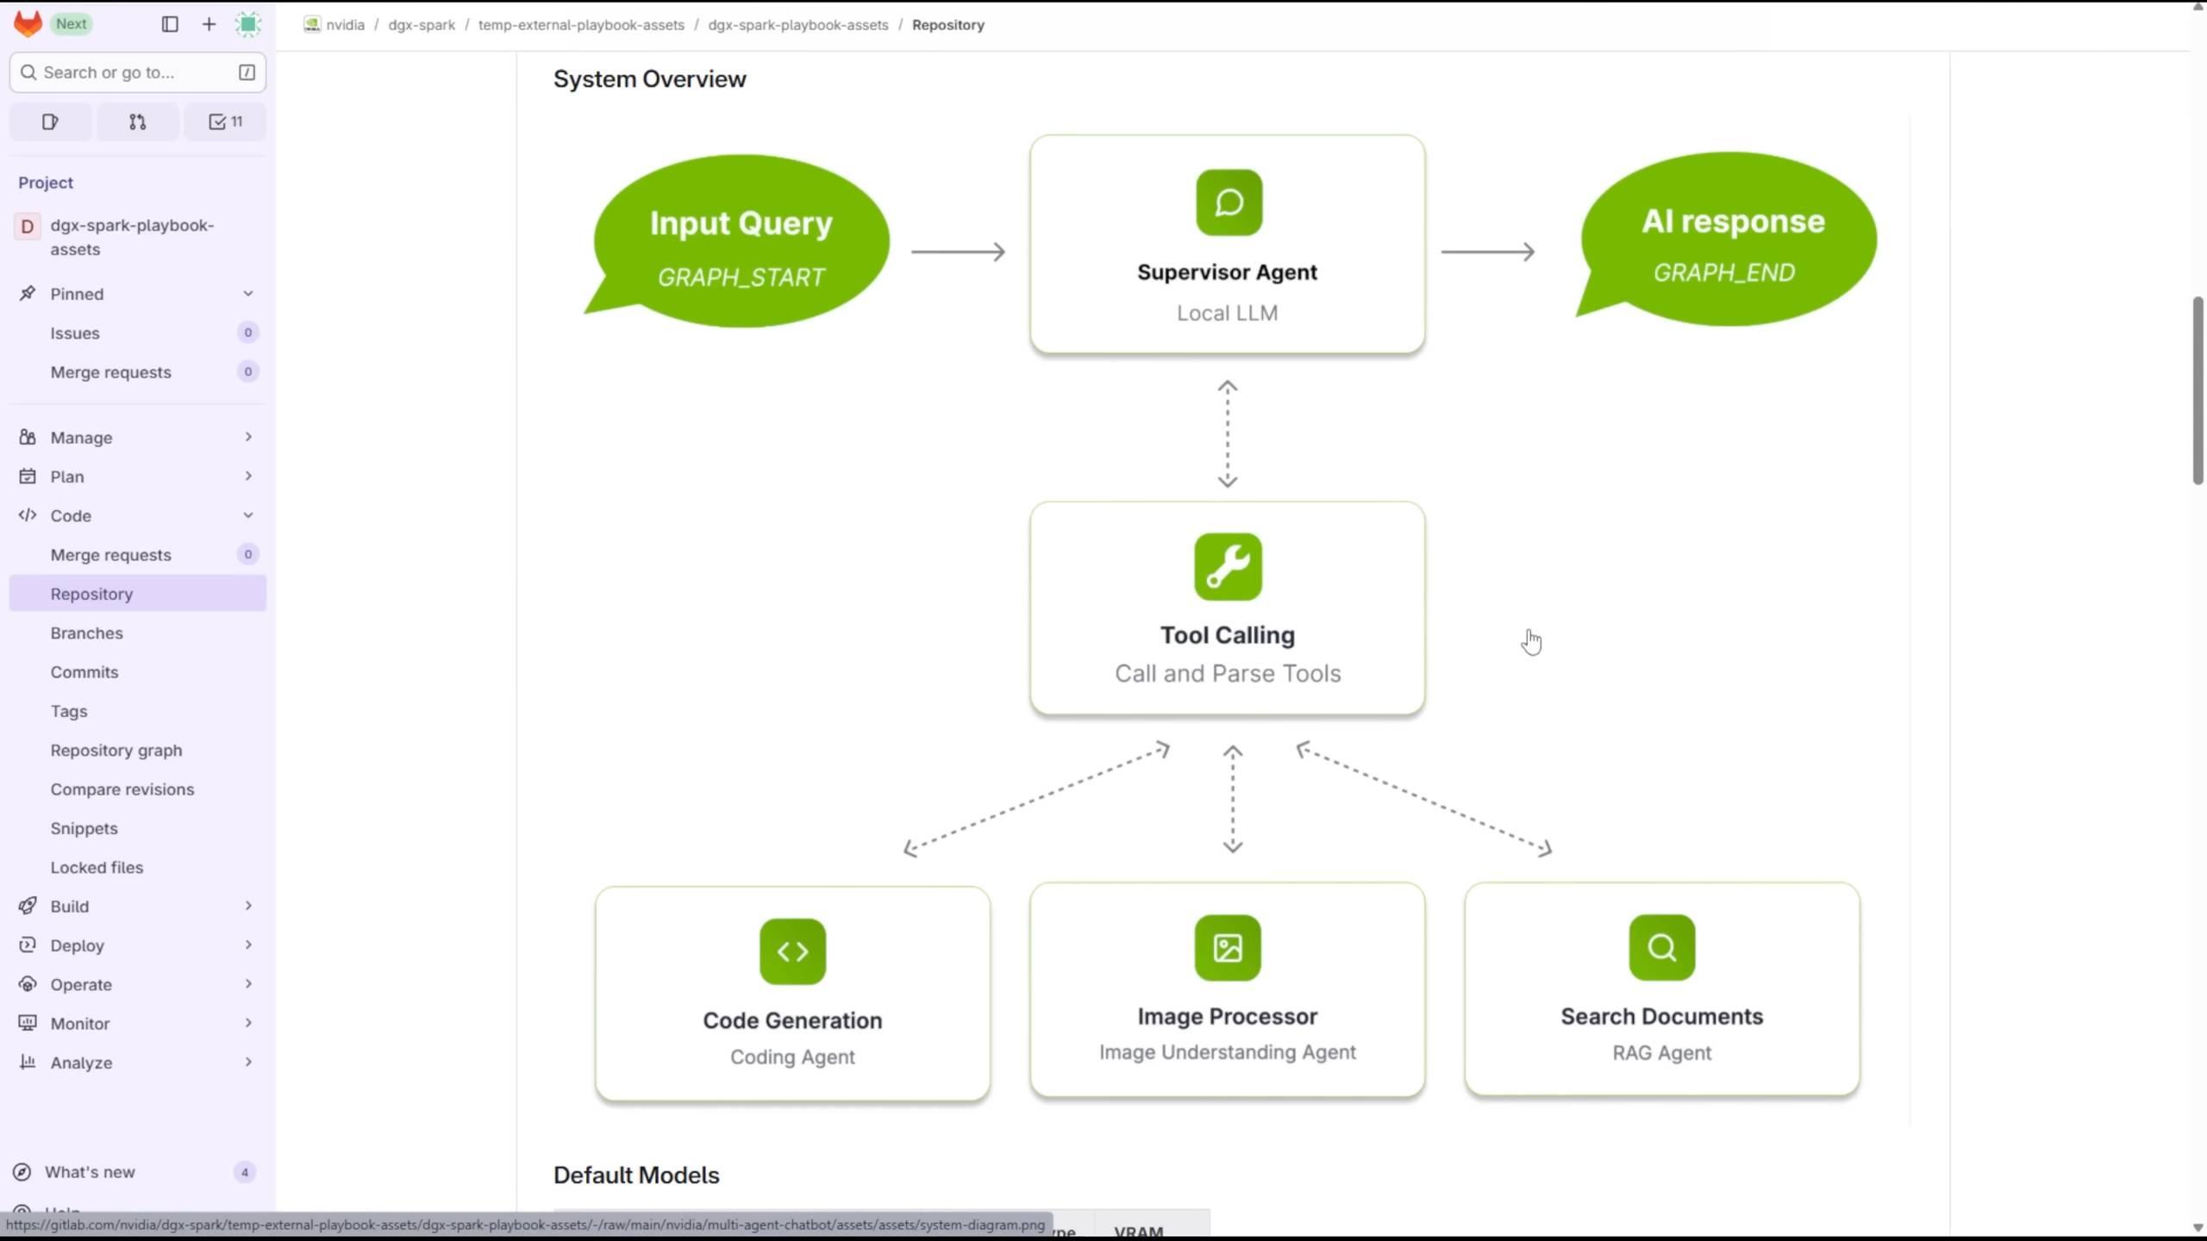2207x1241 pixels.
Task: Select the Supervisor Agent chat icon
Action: pos(1229,203)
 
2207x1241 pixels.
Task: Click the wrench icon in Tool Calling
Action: pos(1228,567)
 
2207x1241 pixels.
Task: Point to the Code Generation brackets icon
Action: pos(792,951)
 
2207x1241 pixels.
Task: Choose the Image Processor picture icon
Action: pos(1228,948)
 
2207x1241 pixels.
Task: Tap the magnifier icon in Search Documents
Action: pos(1661,948)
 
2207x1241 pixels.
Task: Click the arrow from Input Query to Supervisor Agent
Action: pos(958,252)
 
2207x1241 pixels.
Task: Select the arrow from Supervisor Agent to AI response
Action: pos(1488,252)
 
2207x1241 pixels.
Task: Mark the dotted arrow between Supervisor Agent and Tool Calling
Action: pos(1228,434)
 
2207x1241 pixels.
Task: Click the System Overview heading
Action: pos(649,79)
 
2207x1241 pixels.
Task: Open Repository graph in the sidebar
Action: pos(116,750)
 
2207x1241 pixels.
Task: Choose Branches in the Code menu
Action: pos(86,633)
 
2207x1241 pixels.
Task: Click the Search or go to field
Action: pos(129,72)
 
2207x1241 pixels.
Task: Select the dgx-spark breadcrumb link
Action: pos(422,25)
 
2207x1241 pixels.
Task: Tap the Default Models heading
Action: pos(636,1176)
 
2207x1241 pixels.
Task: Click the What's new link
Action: pos(90,1172)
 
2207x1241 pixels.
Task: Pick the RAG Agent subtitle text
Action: pos(1661,1053)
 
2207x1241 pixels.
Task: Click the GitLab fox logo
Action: pos(28,24)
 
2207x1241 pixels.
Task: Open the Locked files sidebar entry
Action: pos(97,867)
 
